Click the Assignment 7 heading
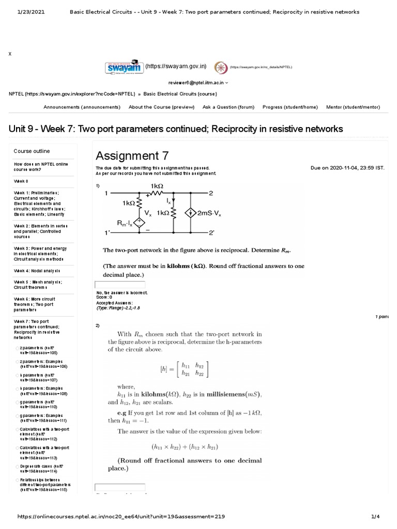point(132,155)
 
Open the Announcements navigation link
point(82,107)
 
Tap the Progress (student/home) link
point(290,107)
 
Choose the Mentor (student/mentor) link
point(353,107)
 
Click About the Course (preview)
point(161,107)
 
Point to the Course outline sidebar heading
point(32,151)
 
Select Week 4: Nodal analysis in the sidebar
point(37,271)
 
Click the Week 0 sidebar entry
point(21,181)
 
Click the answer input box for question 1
point(120,285)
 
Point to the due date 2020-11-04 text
point(347,168)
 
